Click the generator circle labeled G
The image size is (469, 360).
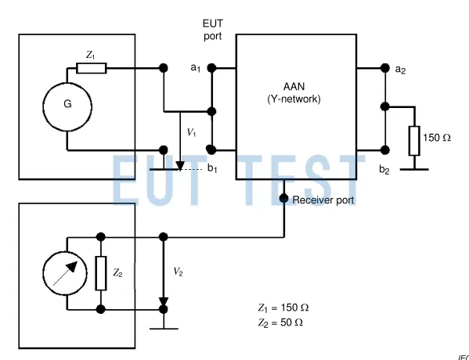click(67, 101)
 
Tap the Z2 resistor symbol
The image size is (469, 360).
click(100, 273)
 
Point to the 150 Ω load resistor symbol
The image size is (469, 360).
click(413, 139)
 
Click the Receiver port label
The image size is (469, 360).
click(323, 200)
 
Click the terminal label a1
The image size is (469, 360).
click(195, 69)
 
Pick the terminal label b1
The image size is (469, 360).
click(212, 168)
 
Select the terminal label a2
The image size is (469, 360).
click(400, 70)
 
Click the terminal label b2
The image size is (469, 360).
click(384, 169)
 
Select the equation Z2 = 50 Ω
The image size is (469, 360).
click(280, 322)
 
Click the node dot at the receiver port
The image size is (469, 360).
click(283, 199)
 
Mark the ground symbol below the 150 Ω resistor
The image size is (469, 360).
click(413, 167)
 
